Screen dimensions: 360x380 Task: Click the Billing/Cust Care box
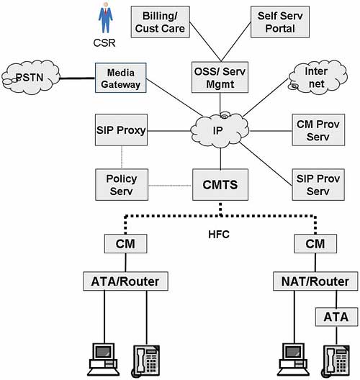[160, 22]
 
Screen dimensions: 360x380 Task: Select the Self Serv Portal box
[280, 22]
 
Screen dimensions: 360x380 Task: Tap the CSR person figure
[105, 18]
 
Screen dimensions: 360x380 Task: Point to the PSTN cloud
[30, 77]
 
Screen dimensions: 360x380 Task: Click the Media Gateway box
[121, 78]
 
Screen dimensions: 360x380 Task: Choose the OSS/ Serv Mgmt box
[220, 77]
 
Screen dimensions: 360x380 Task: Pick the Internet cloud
[318, 77]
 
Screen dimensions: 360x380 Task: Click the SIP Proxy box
[121, 130]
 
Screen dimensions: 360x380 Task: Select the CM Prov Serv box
[318, 130]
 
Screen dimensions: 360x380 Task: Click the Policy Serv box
[122, 185]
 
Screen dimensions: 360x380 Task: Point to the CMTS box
[220, 185]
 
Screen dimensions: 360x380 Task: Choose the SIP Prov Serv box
[318, 185]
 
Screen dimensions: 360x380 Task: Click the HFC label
[219, 235]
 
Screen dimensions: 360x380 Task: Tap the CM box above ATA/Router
[125, 243]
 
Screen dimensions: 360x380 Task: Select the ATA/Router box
[125, 281]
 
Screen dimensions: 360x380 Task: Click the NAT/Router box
[315, 281]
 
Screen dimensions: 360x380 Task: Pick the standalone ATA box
[336, 317]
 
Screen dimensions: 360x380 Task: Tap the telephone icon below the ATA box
[336, 361]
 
